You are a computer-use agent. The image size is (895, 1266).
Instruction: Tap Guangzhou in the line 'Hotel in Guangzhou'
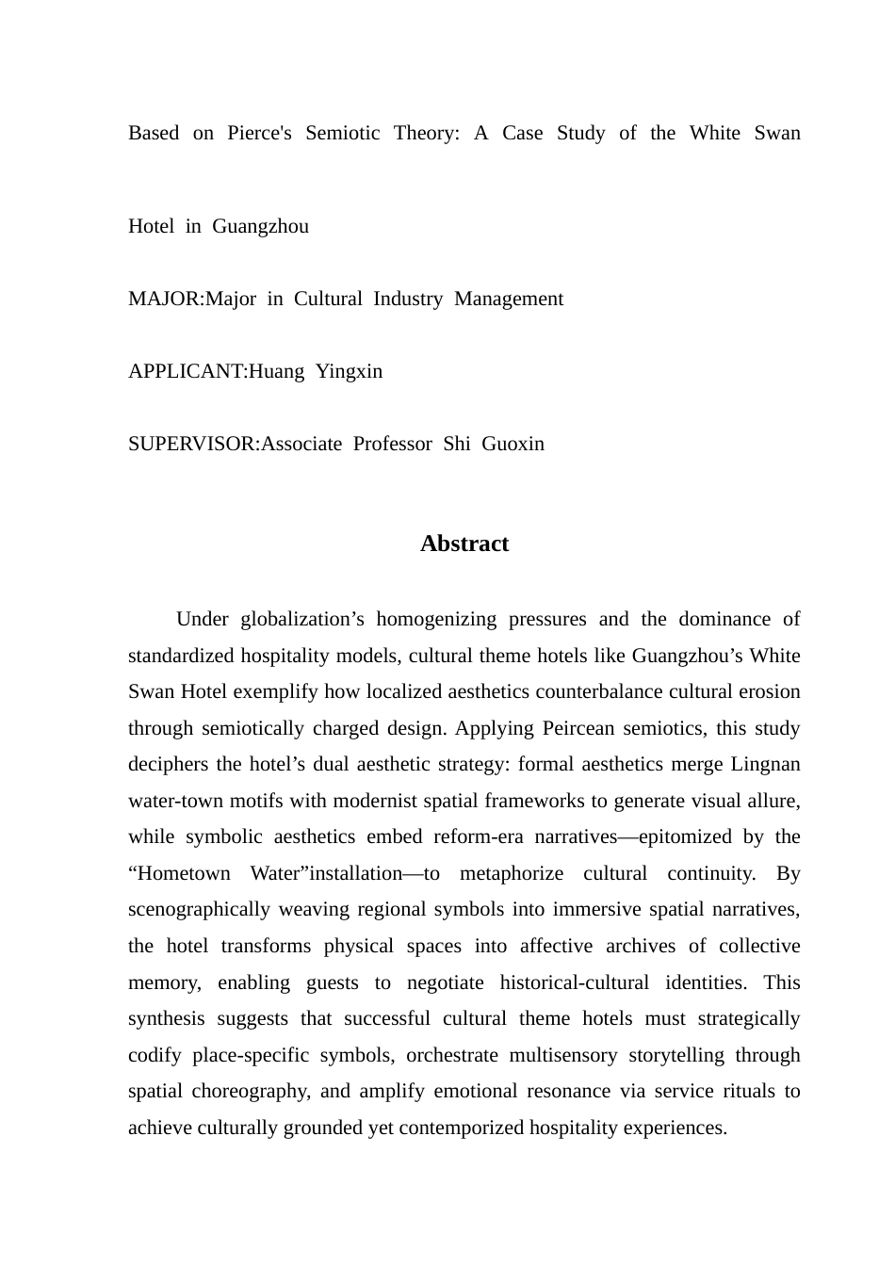260,227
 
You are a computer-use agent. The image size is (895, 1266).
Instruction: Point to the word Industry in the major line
408,300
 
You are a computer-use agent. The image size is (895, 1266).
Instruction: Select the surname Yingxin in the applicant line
349,372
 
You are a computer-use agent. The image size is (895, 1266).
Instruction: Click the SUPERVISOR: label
194,445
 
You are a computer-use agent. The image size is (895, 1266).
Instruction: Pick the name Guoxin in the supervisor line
513,445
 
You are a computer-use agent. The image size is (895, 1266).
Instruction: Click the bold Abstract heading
464,544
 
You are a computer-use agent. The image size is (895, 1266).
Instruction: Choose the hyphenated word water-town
172,802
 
